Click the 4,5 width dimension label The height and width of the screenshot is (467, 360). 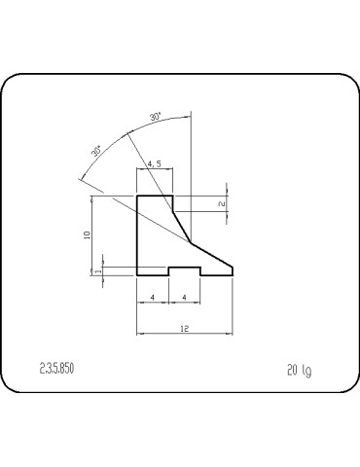pos(154,164)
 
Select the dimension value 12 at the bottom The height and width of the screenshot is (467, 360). pos(185,328)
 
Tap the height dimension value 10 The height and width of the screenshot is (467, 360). pos(87,234)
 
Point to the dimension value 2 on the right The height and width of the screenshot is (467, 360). pos(222,203)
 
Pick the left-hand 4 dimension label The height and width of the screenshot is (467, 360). pos(153,296)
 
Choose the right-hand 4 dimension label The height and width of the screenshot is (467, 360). pos(185,296)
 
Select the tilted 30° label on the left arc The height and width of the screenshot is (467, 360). pos(96,151)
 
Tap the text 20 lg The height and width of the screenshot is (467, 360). pos(299,369)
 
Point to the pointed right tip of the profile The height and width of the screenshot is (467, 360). pos(234,272)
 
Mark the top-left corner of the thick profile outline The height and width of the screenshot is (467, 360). pos(136,196)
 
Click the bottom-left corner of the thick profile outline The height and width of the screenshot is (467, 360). pos(136,274)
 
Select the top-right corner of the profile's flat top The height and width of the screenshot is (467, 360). pos(173,196)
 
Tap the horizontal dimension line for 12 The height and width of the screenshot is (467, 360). pos(185,336)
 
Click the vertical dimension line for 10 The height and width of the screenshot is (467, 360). pos(93,234)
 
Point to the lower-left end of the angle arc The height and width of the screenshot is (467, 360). pos(79,179)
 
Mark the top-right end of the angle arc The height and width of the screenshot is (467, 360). pos(192,114)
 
